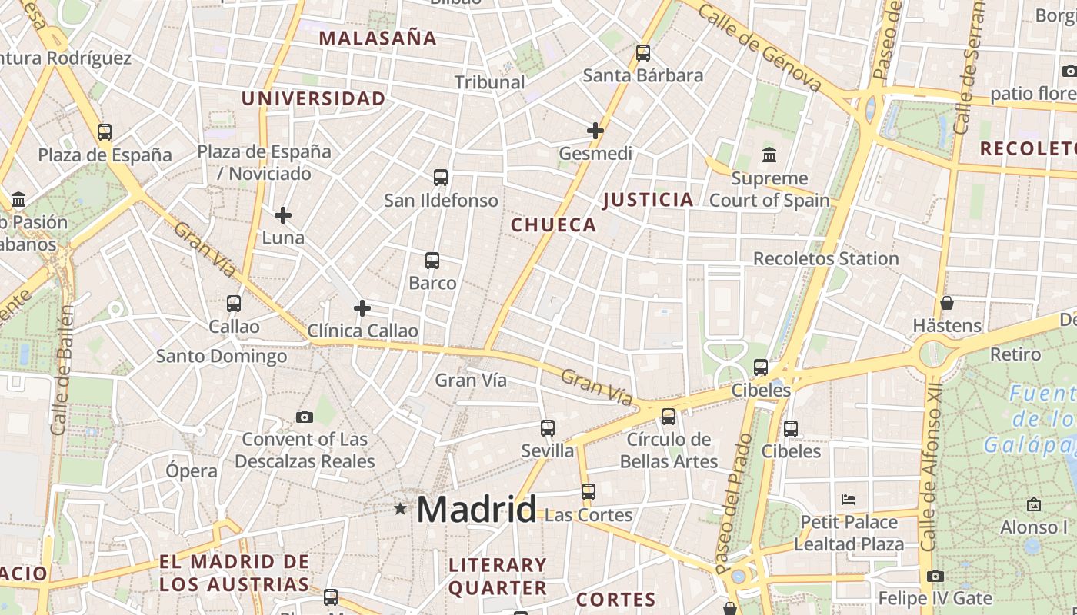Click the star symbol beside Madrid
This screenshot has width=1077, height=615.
(x=400, y=509)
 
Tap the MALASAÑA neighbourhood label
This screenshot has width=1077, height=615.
(x=378, y=38)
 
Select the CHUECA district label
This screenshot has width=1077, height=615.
(x=554, y=224)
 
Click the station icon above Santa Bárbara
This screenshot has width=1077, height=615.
(x=643, y=53)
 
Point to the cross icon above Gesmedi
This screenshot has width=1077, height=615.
(x=595, y=131)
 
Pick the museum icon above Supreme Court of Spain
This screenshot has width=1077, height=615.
(x=769, y=155)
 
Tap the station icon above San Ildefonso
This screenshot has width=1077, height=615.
(x=441, y=178)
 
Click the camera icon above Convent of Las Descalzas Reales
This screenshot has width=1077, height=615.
(x=305, y=417)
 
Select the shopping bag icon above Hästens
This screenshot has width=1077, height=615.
(x=946, y=303)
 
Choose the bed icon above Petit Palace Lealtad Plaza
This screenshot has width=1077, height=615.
(x=849, y=500)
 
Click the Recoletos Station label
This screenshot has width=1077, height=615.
(x=825, y=258)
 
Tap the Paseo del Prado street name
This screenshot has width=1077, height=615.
(x=733, y=504)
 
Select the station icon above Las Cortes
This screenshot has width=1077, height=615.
(x=589, y=492)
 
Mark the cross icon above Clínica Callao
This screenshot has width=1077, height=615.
(x=362, y=308)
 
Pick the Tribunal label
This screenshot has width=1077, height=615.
(x=489, y=82)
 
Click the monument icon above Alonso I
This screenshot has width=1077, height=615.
(x=1034, y=504)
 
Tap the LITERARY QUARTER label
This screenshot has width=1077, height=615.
(x=498, y=577)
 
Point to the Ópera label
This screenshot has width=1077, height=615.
(x=192, y=470)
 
